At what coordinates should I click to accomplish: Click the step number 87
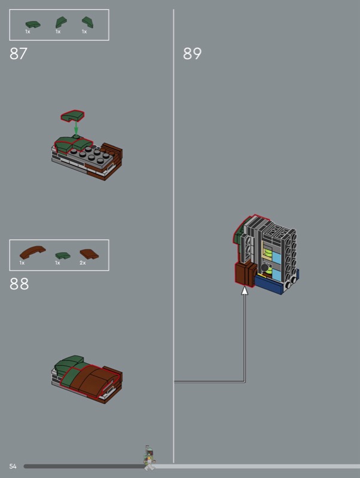(x=19, y=54)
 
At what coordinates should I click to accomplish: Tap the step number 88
(x=19, y=284)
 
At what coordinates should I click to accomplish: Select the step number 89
(x=192, y=54)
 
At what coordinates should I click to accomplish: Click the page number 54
(x=13, y=466)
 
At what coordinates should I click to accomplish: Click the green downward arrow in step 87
(x=76, y=127)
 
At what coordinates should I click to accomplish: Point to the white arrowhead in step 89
(x=245, y=290)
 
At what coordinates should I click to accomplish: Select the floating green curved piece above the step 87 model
(x=72, y=115)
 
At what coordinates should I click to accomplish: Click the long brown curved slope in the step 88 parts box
(x=32, y=252)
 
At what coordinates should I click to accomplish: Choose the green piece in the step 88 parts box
(x=63, y=256)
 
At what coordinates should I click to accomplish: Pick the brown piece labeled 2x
(x=89, y=254)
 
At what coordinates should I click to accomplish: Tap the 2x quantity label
(x=83, y=263)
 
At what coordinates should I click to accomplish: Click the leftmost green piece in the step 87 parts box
(x=33, y=24)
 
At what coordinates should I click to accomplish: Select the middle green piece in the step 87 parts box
(x=61, y=22)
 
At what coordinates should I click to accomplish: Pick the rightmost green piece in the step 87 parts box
(x=87, y=22)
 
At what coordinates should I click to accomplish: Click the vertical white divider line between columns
(x=173, y=236)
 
